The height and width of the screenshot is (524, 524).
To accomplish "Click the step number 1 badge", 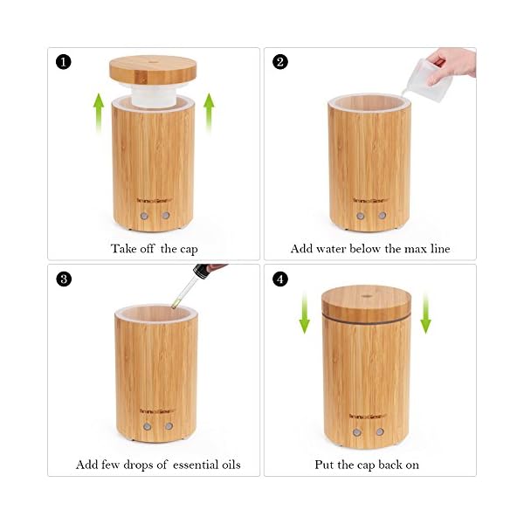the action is [64, 62].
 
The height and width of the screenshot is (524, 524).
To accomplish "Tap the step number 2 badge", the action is [280, 62].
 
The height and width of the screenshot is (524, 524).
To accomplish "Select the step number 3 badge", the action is [64, 279].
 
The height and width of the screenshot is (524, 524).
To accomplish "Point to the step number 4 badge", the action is [280, 279].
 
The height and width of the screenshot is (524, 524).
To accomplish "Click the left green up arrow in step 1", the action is [99, 113].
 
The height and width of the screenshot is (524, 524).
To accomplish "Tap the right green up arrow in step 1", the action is [209, 113].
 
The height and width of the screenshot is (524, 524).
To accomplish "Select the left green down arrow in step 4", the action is [305, 313].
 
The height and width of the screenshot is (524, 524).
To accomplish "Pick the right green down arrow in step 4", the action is [425, 313].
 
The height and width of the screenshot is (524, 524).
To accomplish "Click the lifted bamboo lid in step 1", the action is [153, 70].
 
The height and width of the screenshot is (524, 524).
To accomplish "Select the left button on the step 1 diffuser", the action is [144, 216].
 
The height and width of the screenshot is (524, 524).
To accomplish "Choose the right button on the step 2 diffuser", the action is [383, 216].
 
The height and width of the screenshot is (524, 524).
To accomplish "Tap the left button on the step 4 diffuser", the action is [357, 432].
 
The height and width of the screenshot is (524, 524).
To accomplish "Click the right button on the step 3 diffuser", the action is [169, 426].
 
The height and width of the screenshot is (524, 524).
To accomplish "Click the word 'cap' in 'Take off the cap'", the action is [189, 250].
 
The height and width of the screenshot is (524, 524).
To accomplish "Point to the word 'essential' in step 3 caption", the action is [195, 465].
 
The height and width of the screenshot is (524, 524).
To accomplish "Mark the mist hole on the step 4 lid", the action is [367, 296].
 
